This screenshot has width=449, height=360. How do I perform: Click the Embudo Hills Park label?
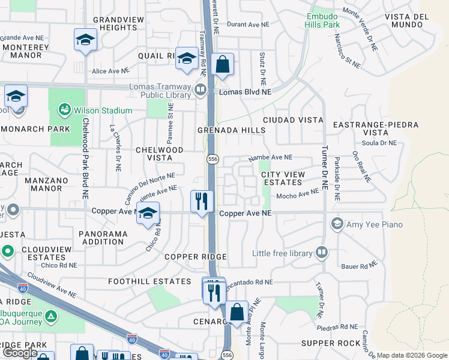point(322,20)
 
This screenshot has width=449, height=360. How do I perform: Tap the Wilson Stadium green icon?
point(64,110)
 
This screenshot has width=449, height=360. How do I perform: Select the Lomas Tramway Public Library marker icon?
point(200,90)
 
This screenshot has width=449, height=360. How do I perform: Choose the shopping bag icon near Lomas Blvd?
point(222,64)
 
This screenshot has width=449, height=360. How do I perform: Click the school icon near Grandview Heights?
point(85,40)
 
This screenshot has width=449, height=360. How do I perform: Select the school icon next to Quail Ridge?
point(187,59)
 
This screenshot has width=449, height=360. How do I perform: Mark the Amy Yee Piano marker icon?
point(337,224)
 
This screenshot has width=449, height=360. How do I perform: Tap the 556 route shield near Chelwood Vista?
point(212,159)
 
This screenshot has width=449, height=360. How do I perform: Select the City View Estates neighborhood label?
point(283,178)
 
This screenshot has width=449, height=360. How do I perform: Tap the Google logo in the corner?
point(20,353)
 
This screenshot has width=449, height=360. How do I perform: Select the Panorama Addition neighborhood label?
point(101,238)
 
